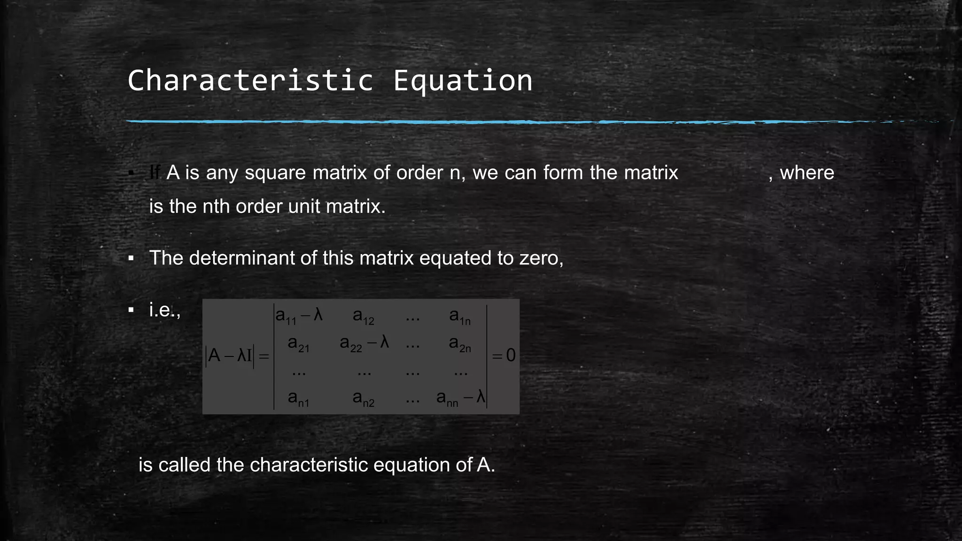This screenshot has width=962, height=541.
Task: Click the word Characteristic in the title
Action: click(x=250, y=80)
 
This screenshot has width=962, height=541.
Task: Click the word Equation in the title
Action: click(x=463, y=81)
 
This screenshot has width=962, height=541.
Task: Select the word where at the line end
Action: click(x=807, y=173)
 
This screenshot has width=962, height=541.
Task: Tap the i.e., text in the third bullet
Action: click(x=164, y=310)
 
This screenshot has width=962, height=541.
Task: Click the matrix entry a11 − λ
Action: click(x=299, y=316)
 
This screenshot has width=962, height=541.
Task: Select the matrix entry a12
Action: click(x=364, y=317)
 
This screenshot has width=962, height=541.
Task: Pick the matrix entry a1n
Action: click(x=460, y=317)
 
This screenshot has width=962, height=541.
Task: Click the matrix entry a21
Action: click(x=299, y=344)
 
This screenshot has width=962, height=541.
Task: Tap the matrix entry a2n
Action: click(x=460, y=344)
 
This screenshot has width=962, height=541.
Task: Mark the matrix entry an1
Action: click(x=299, y=399)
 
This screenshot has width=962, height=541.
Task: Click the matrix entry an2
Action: click(x=364, y=399)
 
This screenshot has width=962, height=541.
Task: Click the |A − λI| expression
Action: click(x=230, y=356)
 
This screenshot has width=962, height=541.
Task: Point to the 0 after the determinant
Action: click(x=511, y=356)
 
